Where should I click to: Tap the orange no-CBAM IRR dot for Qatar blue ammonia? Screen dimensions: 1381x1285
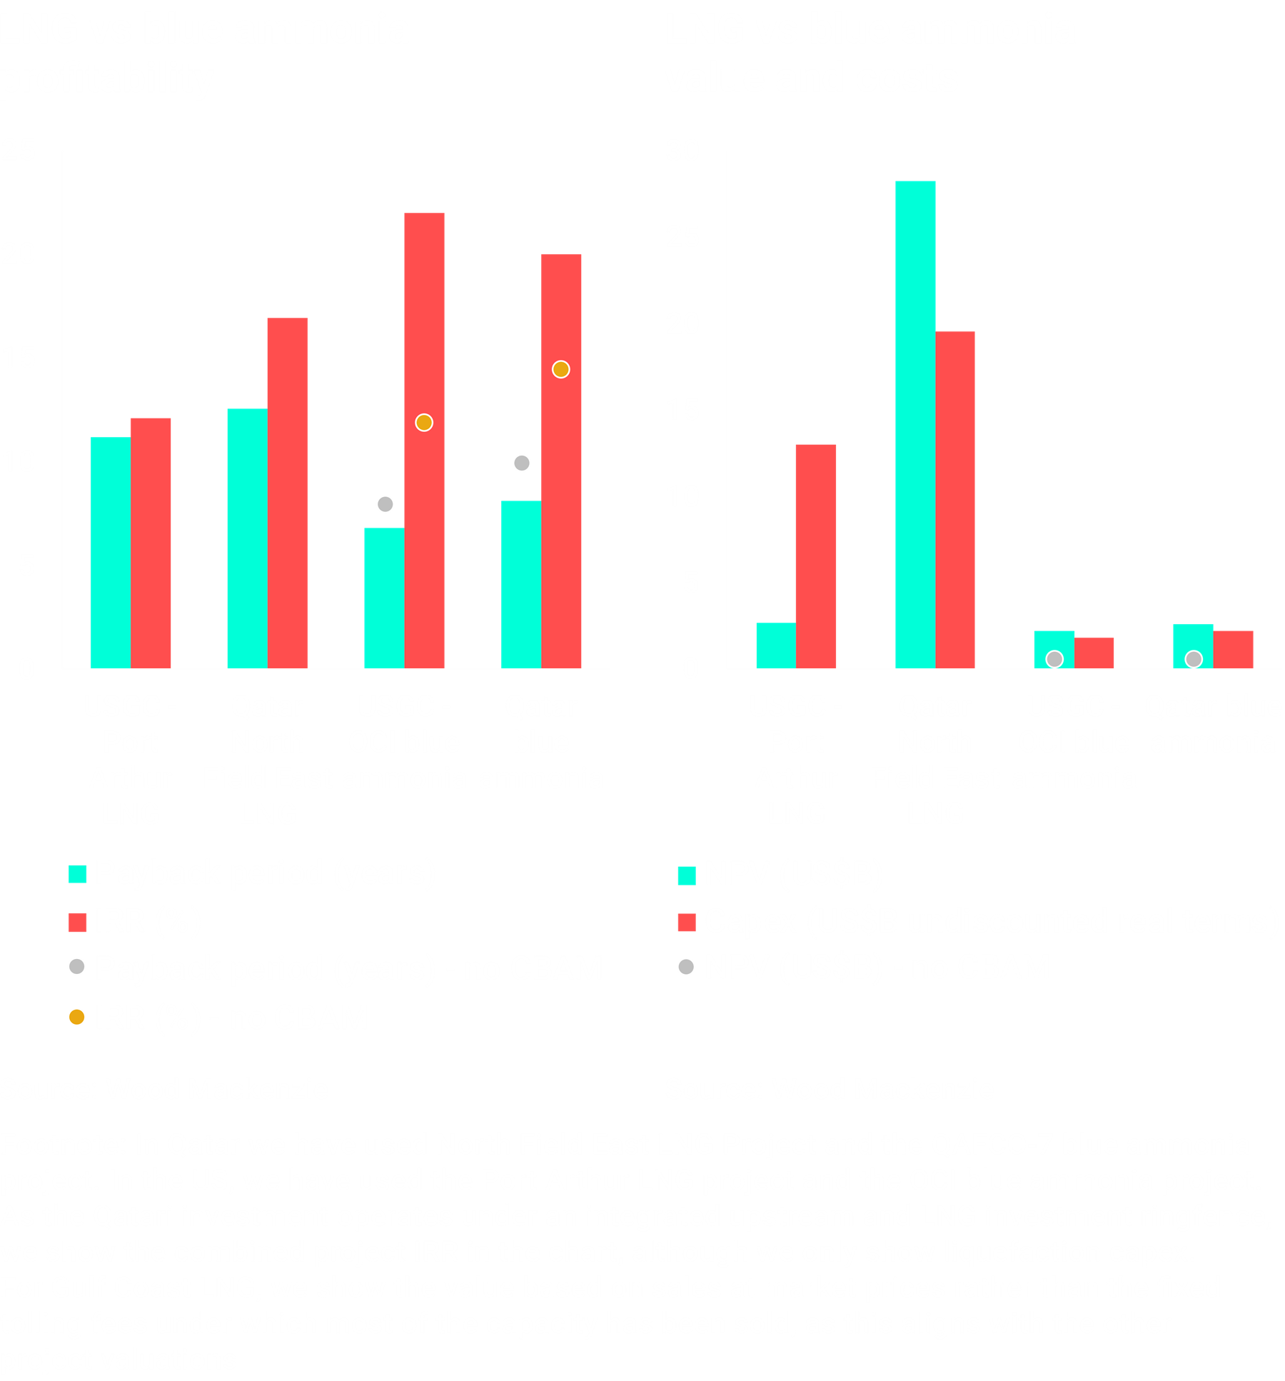(560, 369)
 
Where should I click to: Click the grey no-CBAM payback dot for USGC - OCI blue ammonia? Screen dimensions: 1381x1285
(385, 505)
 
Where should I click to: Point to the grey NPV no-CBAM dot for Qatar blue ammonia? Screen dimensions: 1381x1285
(1194, 659)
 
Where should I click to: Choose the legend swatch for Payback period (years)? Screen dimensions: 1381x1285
(77, 874)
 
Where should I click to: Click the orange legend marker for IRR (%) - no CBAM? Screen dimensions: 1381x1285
(76, 1017)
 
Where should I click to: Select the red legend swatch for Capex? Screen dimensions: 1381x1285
(686, 922)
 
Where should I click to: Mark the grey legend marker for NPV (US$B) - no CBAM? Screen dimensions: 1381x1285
(686, 968)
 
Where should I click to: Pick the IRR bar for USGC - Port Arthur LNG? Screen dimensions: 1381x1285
(151, 543)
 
